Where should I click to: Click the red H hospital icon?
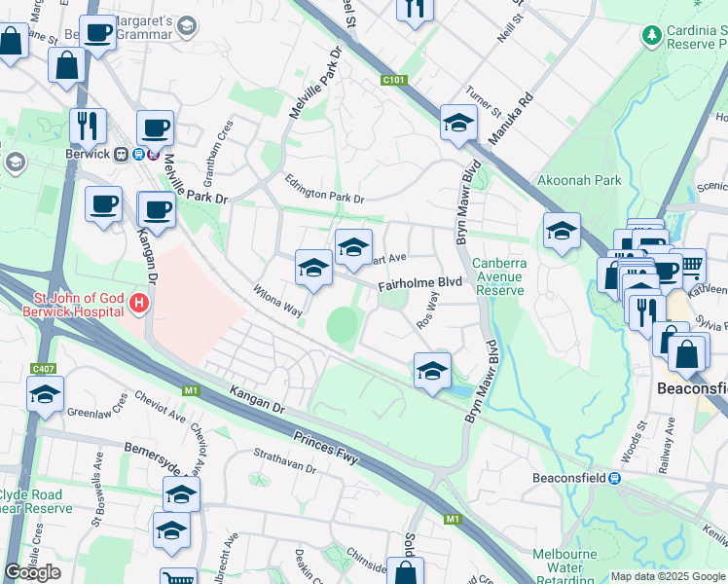(139, 304)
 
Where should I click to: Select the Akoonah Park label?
(578, 180)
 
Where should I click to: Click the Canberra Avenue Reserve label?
(499, 276)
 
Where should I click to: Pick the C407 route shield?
(43, 368)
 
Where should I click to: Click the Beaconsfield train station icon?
(615, 478)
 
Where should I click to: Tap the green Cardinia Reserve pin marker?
(651, 36)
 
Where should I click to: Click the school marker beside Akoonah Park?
(562, 231)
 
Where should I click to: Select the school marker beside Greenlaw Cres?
(44, 395)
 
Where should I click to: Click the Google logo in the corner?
(33, 572)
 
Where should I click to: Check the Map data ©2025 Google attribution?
(668, 576)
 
